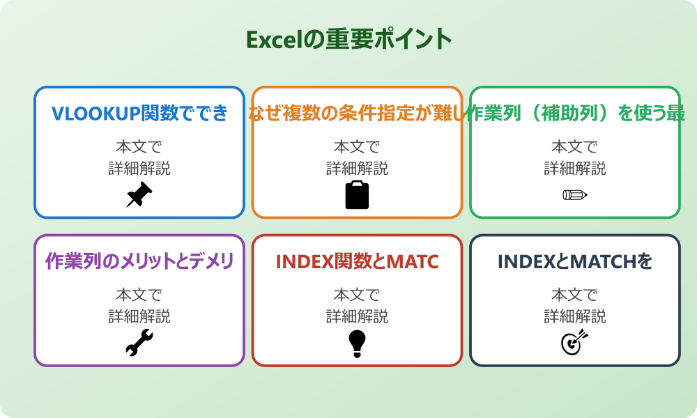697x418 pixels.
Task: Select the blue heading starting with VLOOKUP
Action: coord(139,114)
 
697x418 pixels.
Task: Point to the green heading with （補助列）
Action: coord(575,114)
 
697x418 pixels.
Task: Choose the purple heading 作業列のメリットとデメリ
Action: coord(139,261)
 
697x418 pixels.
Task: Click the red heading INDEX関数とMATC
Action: coord(357,261)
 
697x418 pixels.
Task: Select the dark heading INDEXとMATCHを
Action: coord(575,261)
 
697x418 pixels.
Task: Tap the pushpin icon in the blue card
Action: coord(139,195)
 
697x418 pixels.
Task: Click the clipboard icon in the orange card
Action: coord(357,195)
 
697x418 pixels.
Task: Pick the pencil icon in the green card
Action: coord(575,195)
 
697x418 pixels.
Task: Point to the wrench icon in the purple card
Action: coord(139,343)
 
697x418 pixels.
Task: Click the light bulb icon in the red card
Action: coord(357,343)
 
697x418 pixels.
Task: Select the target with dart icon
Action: coord(575,343)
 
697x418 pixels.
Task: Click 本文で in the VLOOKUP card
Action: coord(139,147)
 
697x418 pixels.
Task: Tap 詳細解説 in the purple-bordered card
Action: coord(139,316)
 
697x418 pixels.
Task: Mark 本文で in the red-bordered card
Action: coord(357,295)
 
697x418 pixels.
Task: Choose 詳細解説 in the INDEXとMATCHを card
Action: coord(575,316)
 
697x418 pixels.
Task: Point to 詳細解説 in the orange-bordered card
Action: coord(357,169)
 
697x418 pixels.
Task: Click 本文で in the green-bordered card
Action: coord(575,147)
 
